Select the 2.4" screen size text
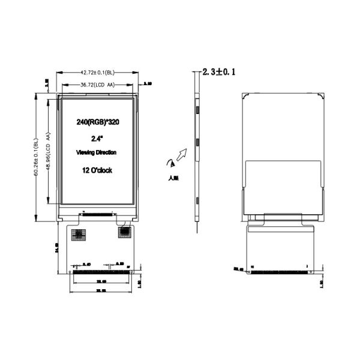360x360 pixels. tap(97, 139)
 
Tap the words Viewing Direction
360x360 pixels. tap(97, 154)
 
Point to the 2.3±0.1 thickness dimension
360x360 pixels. tap(220, 72)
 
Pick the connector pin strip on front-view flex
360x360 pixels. tap(100, 272)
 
